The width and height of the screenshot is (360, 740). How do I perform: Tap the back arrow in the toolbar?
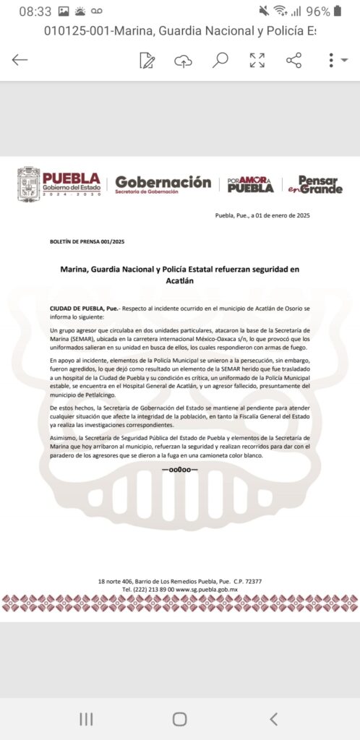coord(20,60)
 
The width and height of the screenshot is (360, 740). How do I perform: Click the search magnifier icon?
coord(220,60)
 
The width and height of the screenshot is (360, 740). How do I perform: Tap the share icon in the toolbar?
coord(293,60)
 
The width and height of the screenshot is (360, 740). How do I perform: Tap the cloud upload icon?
coord(183,61)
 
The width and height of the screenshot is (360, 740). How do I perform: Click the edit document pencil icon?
coord(147,60)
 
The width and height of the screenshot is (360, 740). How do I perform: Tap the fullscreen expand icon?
coord(257,60)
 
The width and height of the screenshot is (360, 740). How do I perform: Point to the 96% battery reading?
coord(318,12)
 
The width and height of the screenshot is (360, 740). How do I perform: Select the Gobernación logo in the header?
coord(163,185)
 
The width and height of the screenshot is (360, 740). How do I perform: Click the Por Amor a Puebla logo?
coord(250,185)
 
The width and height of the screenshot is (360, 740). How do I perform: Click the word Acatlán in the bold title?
coord(180,280)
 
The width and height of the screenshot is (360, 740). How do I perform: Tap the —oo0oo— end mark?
coord(180,470)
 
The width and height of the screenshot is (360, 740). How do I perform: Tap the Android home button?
coord(179,718)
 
